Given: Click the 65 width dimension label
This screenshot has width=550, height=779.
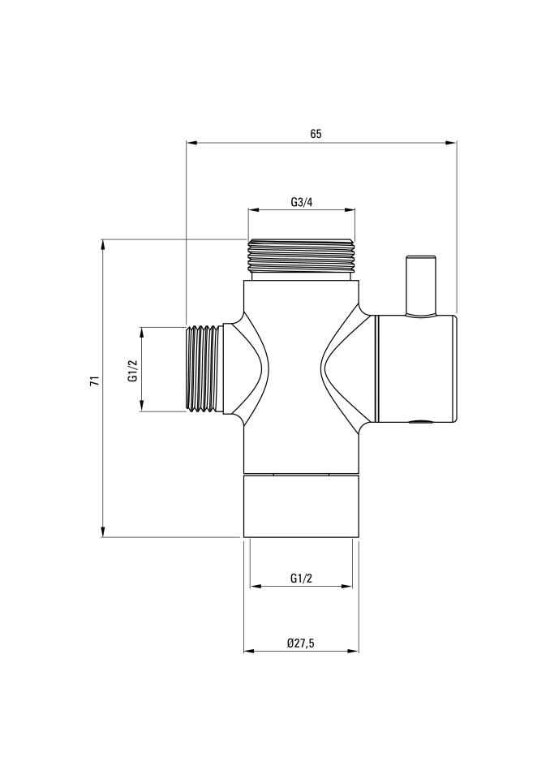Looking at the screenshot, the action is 316,134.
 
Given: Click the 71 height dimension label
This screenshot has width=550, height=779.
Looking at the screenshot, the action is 95,381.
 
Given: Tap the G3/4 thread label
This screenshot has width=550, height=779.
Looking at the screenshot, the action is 302,202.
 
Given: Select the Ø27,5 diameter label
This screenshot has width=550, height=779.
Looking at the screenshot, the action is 301,643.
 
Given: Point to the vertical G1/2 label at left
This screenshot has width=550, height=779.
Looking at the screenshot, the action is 133,371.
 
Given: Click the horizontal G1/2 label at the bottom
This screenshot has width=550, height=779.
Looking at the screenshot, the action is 301,579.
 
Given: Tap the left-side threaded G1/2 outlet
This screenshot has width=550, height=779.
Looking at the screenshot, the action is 204,368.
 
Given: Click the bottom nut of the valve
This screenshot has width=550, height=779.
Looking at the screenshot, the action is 301,506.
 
